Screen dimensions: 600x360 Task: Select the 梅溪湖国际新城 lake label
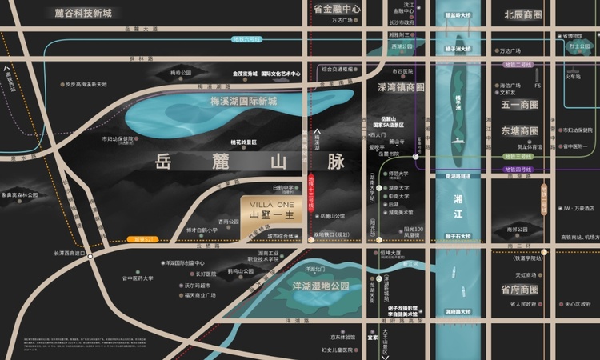coord(243,102)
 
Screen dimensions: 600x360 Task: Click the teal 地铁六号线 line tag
coord(246,38)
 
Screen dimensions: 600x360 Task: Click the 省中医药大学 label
coord(138,278)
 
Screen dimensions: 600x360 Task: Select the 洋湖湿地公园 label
coord(322,286)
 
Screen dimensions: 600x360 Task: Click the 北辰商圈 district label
coord(523,14)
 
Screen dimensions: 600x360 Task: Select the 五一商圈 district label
coord(520,105)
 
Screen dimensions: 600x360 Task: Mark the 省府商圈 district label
coord(520,289)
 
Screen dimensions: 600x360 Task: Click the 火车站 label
coord(573,77)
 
